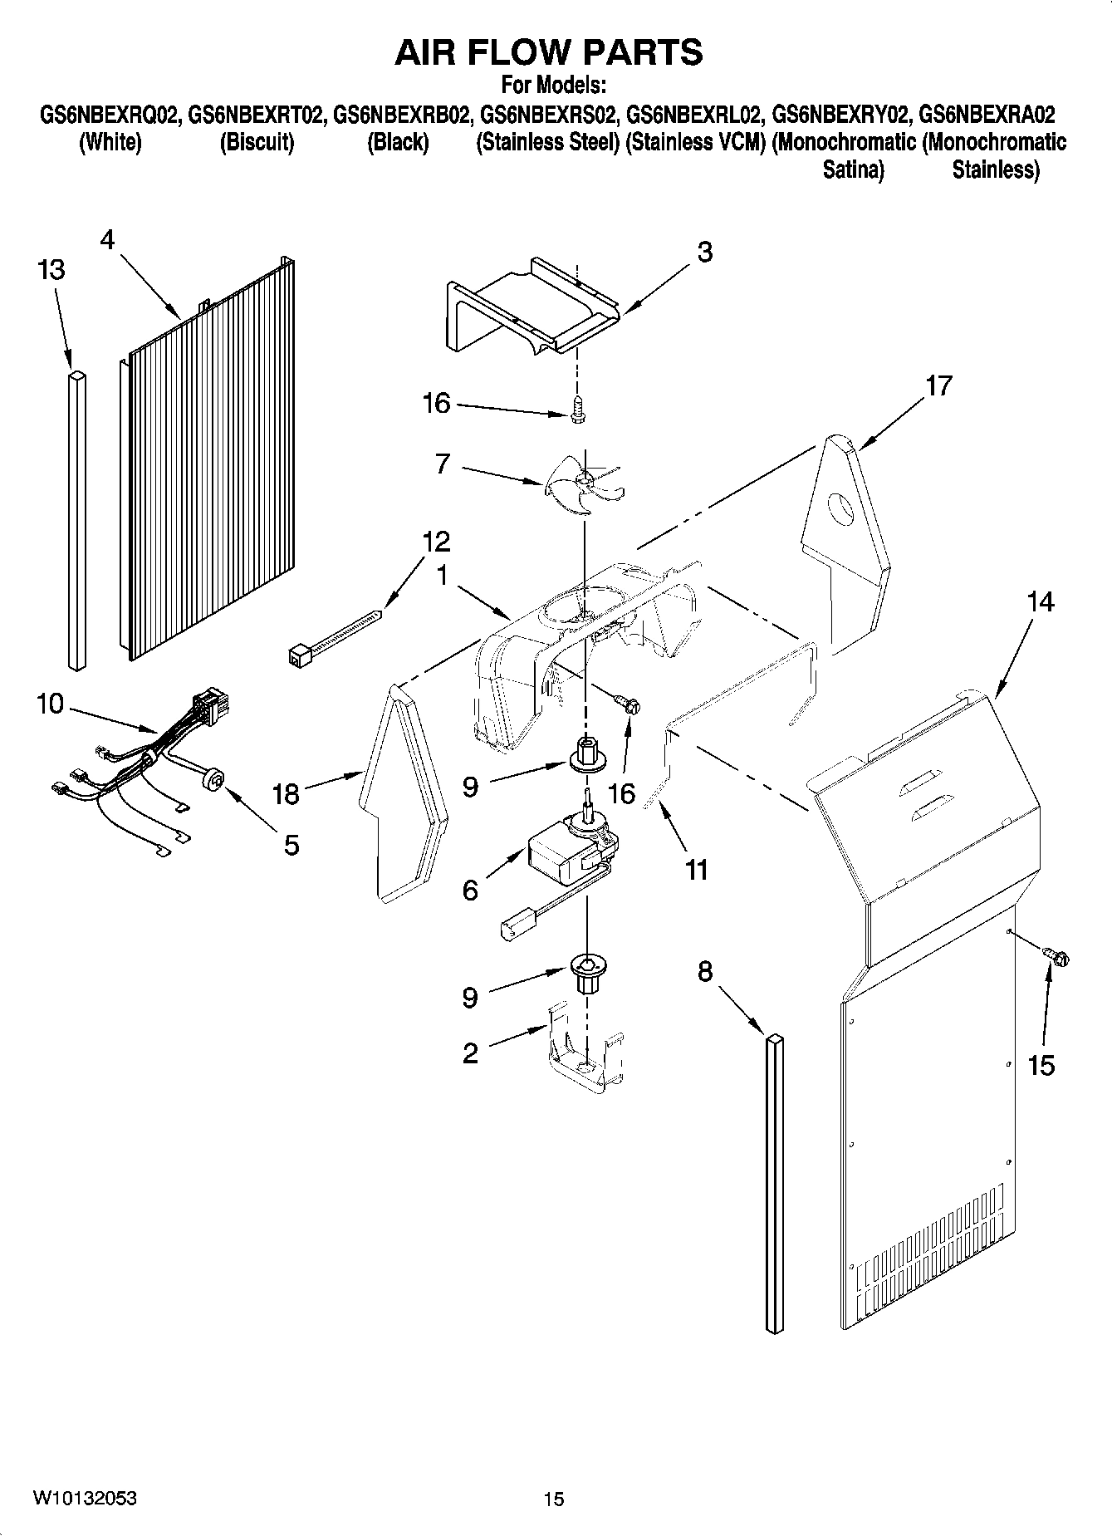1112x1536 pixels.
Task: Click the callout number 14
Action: click(x=1040, y=602)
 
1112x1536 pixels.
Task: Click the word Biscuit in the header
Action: click(x=257, y=142)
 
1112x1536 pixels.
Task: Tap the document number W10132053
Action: click(x=85, y=1499)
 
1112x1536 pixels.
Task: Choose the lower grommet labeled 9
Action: click(x=587, y=971)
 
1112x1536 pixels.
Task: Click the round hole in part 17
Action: click(x=842, y=508)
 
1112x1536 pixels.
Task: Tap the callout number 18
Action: click(x=286, y=793)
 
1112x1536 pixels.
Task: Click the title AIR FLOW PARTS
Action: click(x=549, y=52)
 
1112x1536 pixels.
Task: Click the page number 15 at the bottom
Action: click(x=553, y=1499)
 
